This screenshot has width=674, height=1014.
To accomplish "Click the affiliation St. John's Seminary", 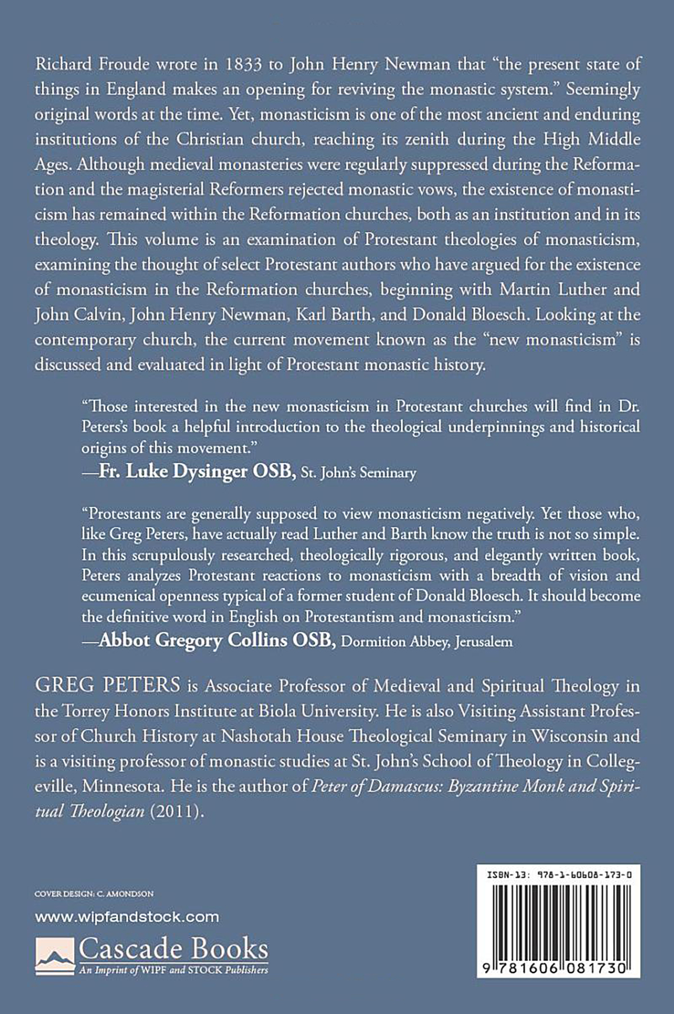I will pyautogui.click(x=359, y=473).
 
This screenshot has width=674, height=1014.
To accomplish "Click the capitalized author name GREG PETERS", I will pyautogui.click(x=107, y=686).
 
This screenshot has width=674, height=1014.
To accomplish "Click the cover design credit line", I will pyautogui.click(x=94, y=894).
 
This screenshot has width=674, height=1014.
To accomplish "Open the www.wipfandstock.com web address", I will pyautogui.click(x=127, y=917).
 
